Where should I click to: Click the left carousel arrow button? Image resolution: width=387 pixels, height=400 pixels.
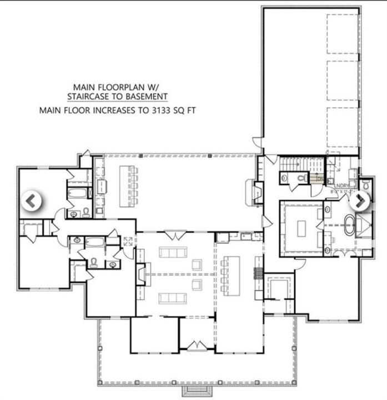tap(32, 201)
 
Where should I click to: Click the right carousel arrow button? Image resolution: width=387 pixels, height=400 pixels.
tap(359, 201)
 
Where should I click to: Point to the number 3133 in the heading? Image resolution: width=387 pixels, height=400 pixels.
tap(158, 110)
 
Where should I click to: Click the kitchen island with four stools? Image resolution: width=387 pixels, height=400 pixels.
tap(234, 273)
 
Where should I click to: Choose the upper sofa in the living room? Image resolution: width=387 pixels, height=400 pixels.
tap(173, 253)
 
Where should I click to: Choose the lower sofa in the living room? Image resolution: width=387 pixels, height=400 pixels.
tap(173, 298)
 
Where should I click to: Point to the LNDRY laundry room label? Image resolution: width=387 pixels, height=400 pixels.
tap(341, 186)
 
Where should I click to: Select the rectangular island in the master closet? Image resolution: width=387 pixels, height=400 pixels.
tap(301, 228)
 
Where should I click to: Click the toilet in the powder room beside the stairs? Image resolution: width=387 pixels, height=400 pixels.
tap(301, 178)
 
